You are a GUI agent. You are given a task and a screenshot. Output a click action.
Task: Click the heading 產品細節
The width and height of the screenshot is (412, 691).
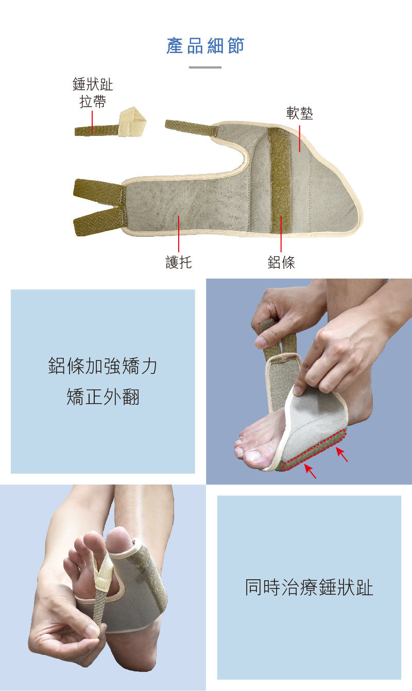pos(205,46)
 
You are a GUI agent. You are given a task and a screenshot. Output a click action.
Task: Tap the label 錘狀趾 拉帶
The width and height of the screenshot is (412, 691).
pos(93,93)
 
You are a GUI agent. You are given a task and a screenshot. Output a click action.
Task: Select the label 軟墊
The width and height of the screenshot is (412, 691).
pos(299,113)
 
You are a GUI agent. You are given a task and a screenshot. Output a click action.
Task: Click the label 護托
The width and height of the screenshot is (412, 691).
pos(179,262)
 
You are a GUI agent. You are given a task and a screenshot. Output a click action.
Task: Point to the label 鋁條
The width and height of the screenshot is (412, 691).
pos(281,262)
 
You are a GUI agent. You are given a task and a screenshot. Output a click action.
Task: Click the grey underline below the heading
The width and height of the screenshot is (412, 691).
pos(205,67)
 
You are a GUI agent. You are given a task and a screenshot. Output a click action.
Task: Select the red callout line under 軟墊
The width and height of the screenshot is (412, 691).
pos(299,139)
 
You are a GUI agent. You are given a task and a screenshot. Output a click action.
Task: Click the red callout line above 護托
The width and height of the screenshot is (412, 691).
pos(179,234)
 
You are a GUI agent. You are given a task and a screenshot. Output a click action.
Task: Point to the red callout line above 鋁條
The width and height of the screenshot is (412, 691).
pos(281,234)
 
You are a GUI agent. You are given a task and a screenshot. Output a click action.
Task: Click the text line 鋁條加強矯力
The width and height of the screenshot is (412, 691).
pos(103,366)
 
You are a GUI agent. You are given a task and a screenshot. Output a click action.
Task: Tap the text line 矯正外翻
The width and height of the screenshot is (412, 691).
pos(103,396)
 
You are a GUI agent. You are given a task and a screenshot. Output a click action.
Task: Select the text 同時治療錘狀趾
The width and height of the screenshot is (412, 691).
pos(309,587)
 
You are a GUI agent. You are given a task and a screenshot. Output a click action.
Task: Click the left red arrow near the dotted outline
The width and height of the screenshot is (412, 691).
pos(310,471)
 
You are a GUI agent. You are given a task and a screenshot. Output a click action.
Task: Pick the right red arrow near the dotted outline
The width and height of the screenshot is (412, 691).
pos(341,454)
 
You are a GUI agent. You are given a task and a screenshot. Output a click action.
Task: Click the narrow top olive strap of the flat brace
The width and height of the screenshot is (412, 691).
pos(191,127)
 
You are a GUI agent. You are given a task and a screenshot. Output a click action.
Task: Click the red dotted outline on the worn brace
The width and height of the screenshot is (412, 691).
pos(314,450)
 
